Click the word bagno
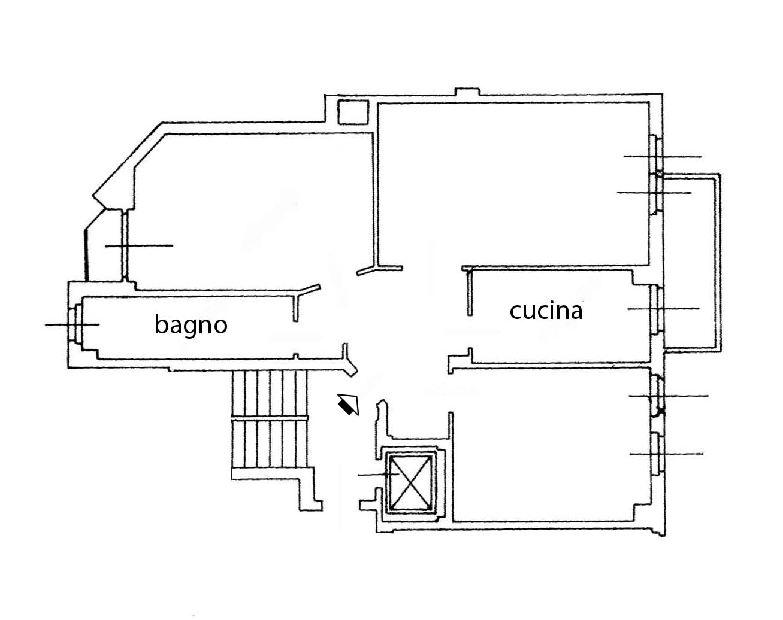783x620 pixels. tap(191, 324)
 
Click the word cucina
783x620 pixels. tap(546, 311)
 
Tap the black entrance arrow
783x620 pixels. tap(349, 405)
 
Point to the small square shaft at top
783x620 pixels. tap(353, 113)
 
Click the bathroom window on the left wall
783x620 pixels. tap(75, 324)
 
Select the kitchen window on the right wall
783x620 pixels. tap(656, 309)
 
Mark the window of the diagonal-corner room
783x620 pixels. tap(125, 246)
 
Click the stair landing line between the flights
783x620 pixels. tap(270, 419)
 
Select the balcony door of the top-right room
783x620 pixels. tap(655, 194)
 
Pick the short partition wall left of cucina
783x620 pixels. tap(470, 293)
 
